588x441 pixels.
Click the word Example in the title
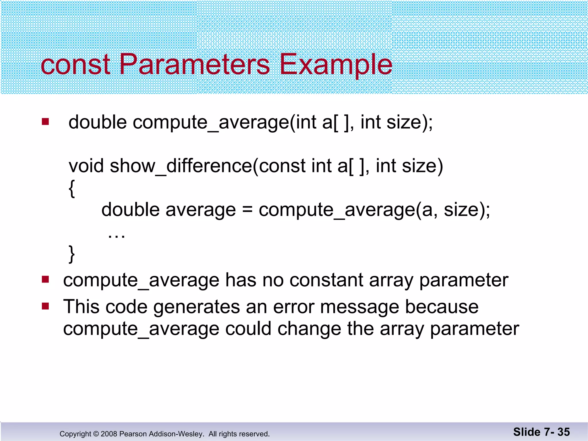(x=335, y=65)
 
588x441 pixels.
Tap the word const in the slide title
(x=75, y=65)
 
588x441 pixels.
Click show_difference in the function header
(x=180, y=166)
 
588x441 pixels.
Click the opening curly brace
(x=72, y=189)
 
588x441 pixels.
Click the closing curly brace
(x=72, y=254)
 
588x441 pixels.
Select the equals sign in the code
(x=247, y=210)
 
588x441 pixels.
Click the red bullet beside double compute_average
(x=45, y=122)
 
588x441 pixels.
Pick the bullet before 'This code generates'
(x=45, y=306)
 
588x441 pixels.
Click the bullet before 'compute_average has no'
(x=45, y=279)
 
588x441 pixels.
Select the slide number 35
(x=564, y=432)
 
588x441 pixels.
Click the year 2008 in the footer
(x=109, y=434)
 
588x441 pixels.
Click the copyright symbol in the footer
(x=96, y=434)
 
